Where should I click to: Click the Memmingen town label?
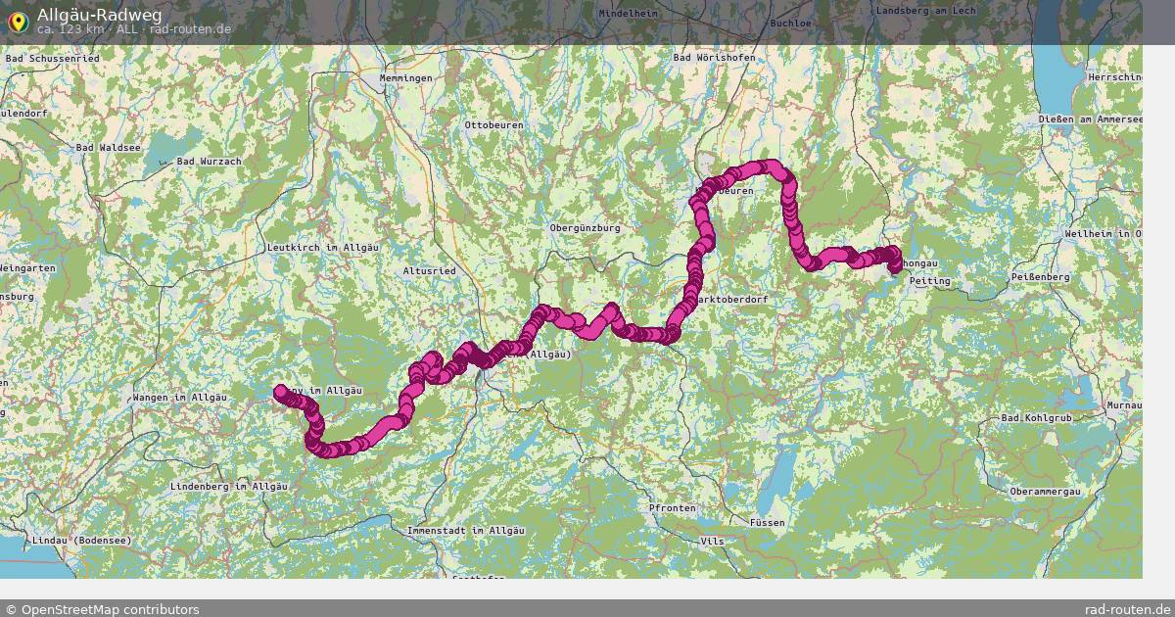pyautogui.click(x=405, y=77)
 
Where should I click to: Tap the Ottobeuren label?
pyautogui.click(x=493, y=125)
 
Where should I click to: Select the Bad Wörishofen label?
pyautogui.click(x=714, y=58)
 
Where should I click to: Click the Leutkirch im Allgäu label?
pyautogui.click(x=322, y=248)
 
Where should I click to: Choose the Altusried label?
pyautogui.click(x=430, y=269)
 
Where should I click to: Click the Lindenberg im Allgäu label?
pyautogui.click(x=229, y=486)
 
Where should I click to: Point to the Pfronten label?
pyautogui.click(x=672, y=508)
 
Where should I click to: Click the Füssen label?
pyautogui.click(x=767, y=522)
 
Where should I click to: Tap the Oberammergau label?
pyautogui.click(x=1045, y=491)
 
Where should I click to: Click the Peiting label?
pyautogui.click(x=929, y=281)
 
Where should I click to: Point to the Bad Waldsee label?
pyautogui.click(x=109, y=147)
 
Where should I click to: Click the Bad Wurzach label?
pyautogui.click(x=208, y=160)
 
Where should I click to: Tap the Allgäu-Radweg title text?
pyautogui.click(x=99, y=14)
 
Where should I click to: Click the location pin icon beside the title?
pyautogui.click(x=17, y=20)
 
